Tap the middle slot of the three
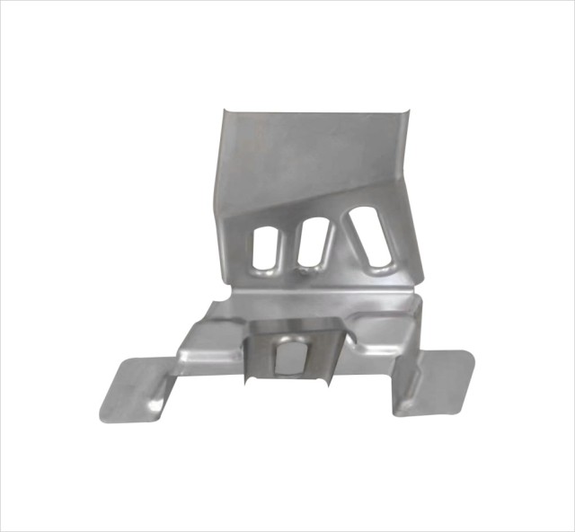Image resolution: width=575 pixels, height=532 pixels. coord(313,244)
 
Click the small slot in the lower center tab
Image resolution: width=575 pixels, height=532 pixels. coord(290,355)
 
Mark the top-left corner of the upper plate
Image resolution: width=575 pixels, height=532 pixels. coord(225,109)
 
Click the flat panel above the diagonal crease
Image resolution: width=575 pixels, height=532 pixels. coord(305,153)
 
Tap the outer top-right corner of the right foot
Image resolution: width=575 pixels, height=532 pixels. coord(471,353)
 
